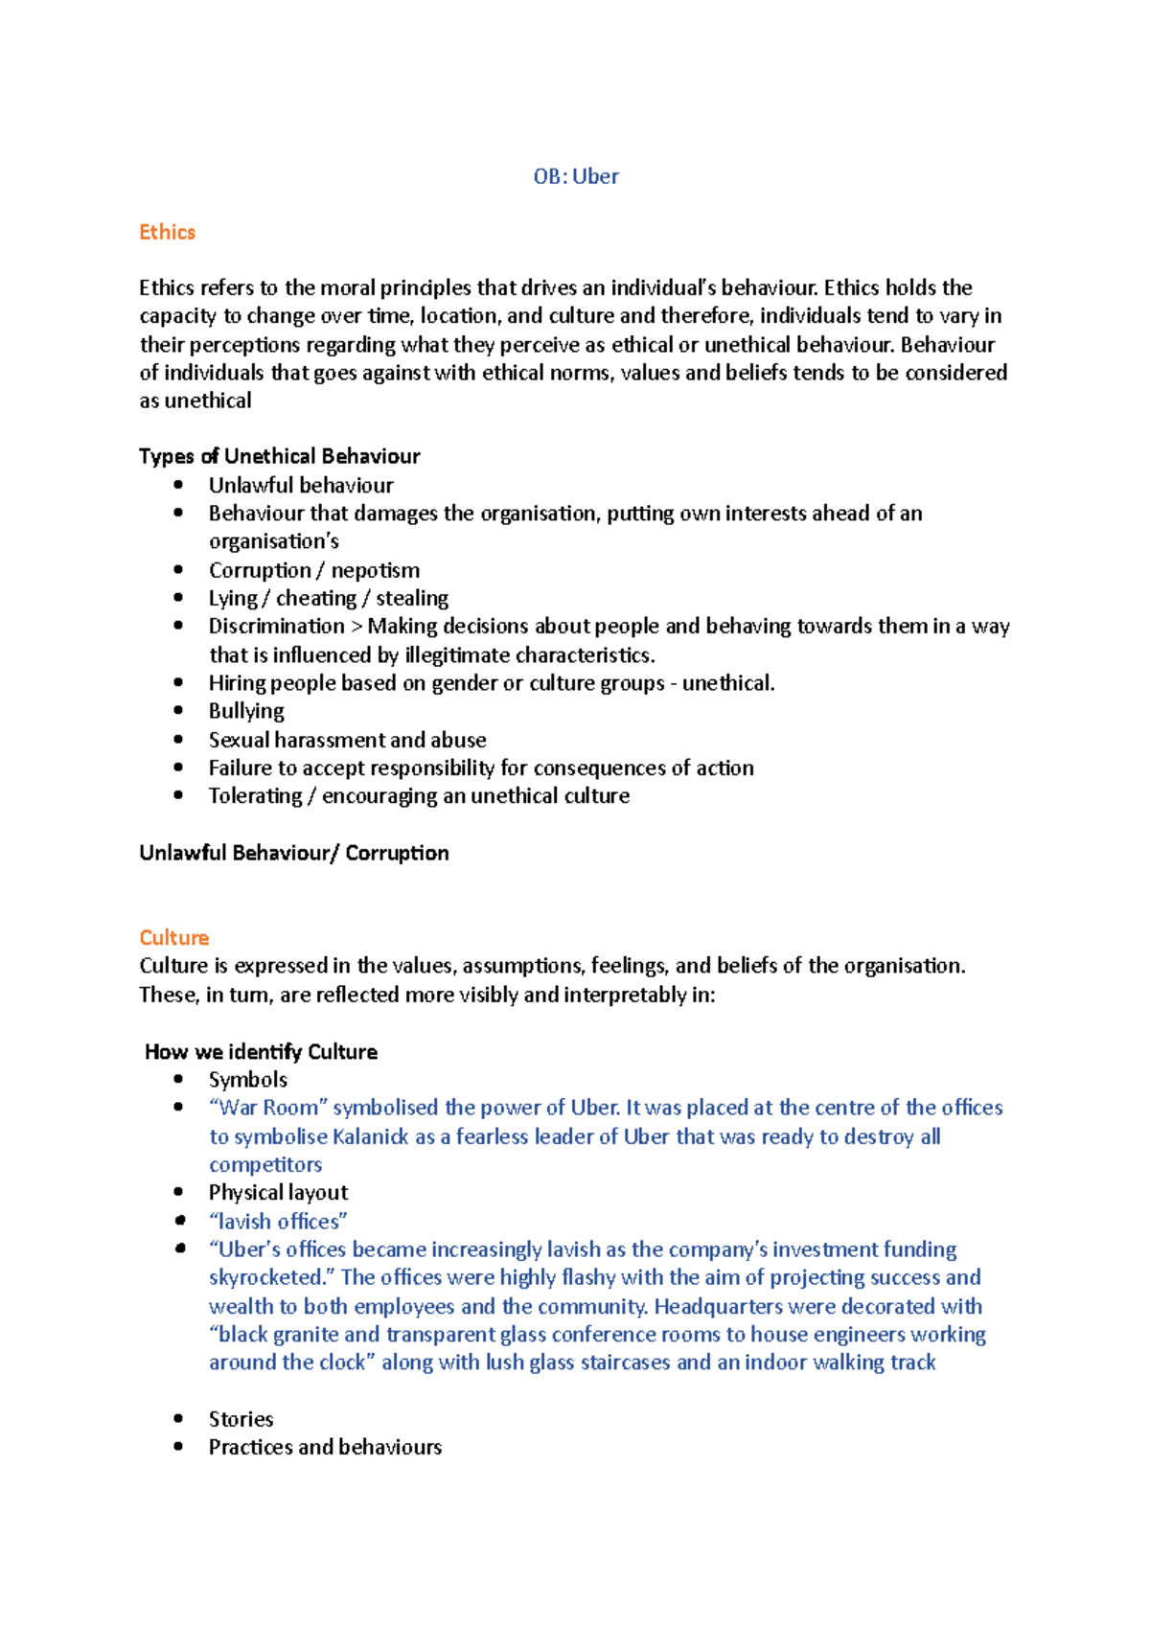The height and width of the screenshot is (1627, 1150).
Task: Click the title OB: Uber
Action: click(576, 176)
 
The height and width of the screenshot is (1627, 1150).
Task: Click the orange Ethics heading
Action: click(167, 232)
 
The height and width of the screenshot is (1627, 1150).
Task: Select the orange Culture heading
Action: click(173, 937)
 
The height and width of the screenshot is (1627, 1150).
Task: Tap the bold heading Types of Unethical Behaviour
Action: click(279, 456)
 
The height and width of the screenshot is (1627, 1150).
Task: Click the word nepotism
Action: click(375, 570)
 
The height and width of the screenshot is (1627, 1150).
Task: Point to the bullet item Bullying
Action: click(246, 711)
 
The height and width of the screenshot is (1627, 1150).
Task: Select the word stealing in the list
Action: click(412, 598)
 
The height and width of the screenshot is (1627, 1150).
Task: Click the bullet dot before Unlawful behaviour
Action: click(178, 485)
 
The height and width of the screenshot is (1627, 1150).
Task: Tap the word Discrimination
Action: click(276, 626)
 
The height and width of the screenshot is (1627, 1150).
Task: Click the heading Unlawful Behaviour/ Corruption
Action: click(293, 853)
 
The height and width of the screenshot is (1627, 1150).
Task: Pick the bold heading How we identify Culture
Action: click(261, 1051)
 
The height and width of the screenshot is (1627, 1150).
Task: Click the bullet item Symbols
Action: click(247, 1080)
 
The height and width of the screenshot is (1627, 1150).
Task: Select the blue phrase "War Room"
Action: click(268, 1108)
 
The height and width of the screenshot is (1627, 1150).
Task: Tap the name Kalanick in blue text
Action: click(370, 1136)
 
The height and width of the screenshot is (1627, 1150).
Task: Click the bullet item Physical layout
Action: click(278, 1193)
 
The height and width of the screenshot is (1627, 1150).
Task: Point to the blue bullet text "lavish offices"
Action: click(278, 1222)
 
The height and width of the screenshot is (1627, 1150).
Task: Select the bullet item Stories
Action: click(241, 1419)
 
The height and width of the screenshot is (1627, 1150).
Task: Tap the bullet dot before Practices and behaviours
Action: click(178, 1447)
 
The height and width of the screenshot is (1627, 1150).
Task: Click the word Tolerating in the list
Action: click(255, 796)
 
